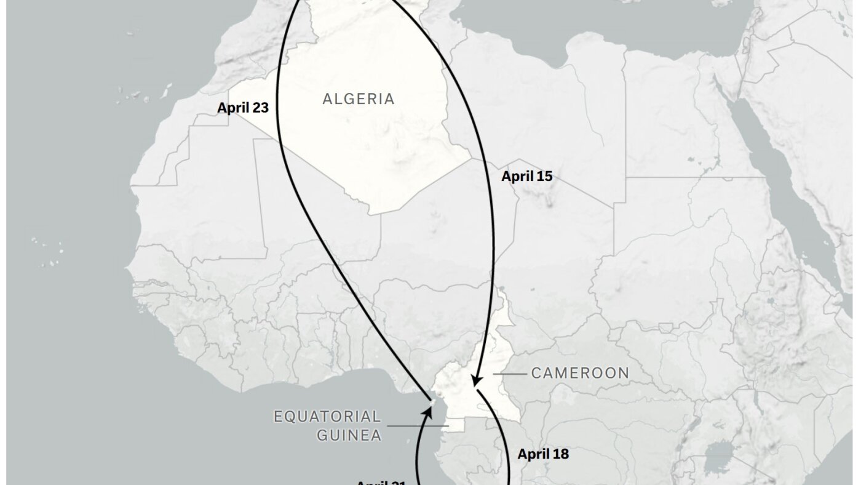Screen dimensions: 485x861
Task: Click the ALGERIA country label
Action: point(359,99)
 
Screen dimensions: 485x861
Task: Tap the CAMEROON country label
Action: point(580,373)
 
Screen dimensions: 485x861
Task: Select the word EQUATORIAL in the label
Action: point(327,417)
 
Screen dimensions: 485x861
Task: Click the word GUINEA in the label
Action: point(349,435)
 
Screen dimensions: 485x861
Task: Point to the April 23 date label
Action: point(243,108)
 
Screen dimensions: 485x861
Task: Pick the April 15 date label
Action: point(526,177)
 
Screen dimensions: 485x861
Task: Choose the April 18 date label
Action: point(543,455)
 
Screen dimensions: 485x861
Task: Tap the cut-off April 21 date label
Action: point(381,482)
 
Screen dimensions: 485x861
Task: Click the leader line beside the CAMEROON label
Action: point(507,373)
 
